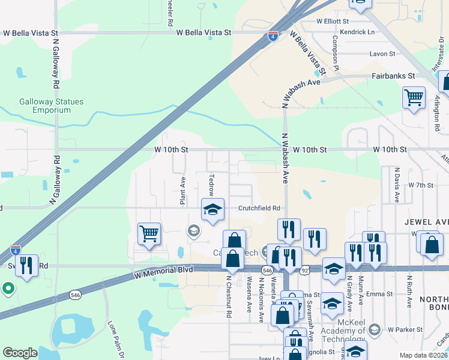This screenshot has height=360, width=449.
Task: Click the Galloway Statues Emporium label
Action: click(x=51, y=106)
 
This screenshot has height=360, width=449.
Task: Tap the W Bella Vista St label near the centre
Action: click(x=204, y=32)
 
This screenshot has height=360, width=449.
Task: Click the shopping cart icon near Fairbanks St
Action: click(x=414, y=97)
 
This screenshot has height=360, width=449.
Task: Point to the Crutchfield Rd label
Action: click(x=259, y=208)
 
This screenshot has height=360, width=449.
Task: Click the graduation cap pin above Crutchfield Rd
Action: click(x=212, y=210)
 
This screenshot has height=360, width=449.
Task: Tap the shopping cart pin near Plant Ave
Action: click(x=149, y=233)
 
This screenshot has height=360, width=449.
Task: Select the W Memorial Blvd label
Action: click(x=164, y=271)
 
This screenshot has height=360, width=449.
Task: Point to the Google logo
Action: click(x=20, y=353)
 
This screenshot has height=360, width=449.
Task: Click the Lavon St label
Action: click(x=383, y=53)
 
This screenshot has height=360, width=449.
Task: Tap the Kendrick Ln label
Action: click(x=357, y=32)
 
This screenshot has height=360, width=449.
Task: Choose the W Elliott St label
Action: click(x=333, y=20)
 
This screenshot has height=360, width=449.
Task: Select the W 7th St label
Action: click(x=420, y=185)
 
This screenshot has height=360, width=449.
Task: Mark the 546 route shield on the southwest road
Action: click(x=75, y=295)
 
